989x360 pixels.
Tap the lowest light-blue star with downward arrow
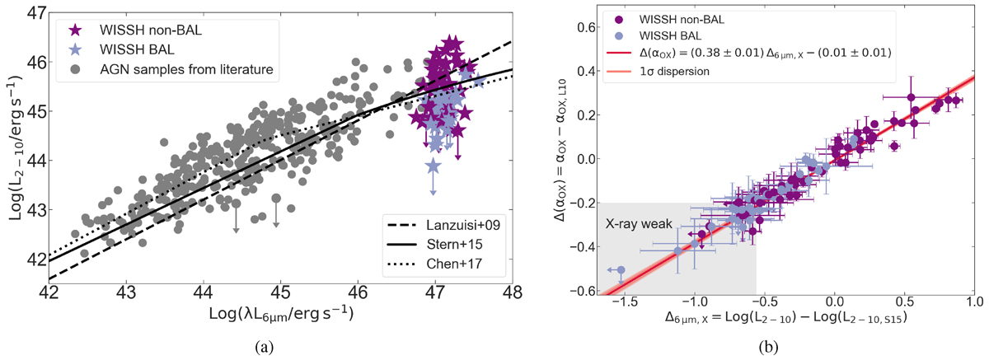tap(433, 166)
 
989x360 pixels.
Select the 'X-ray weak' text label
tap(635, 222)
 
